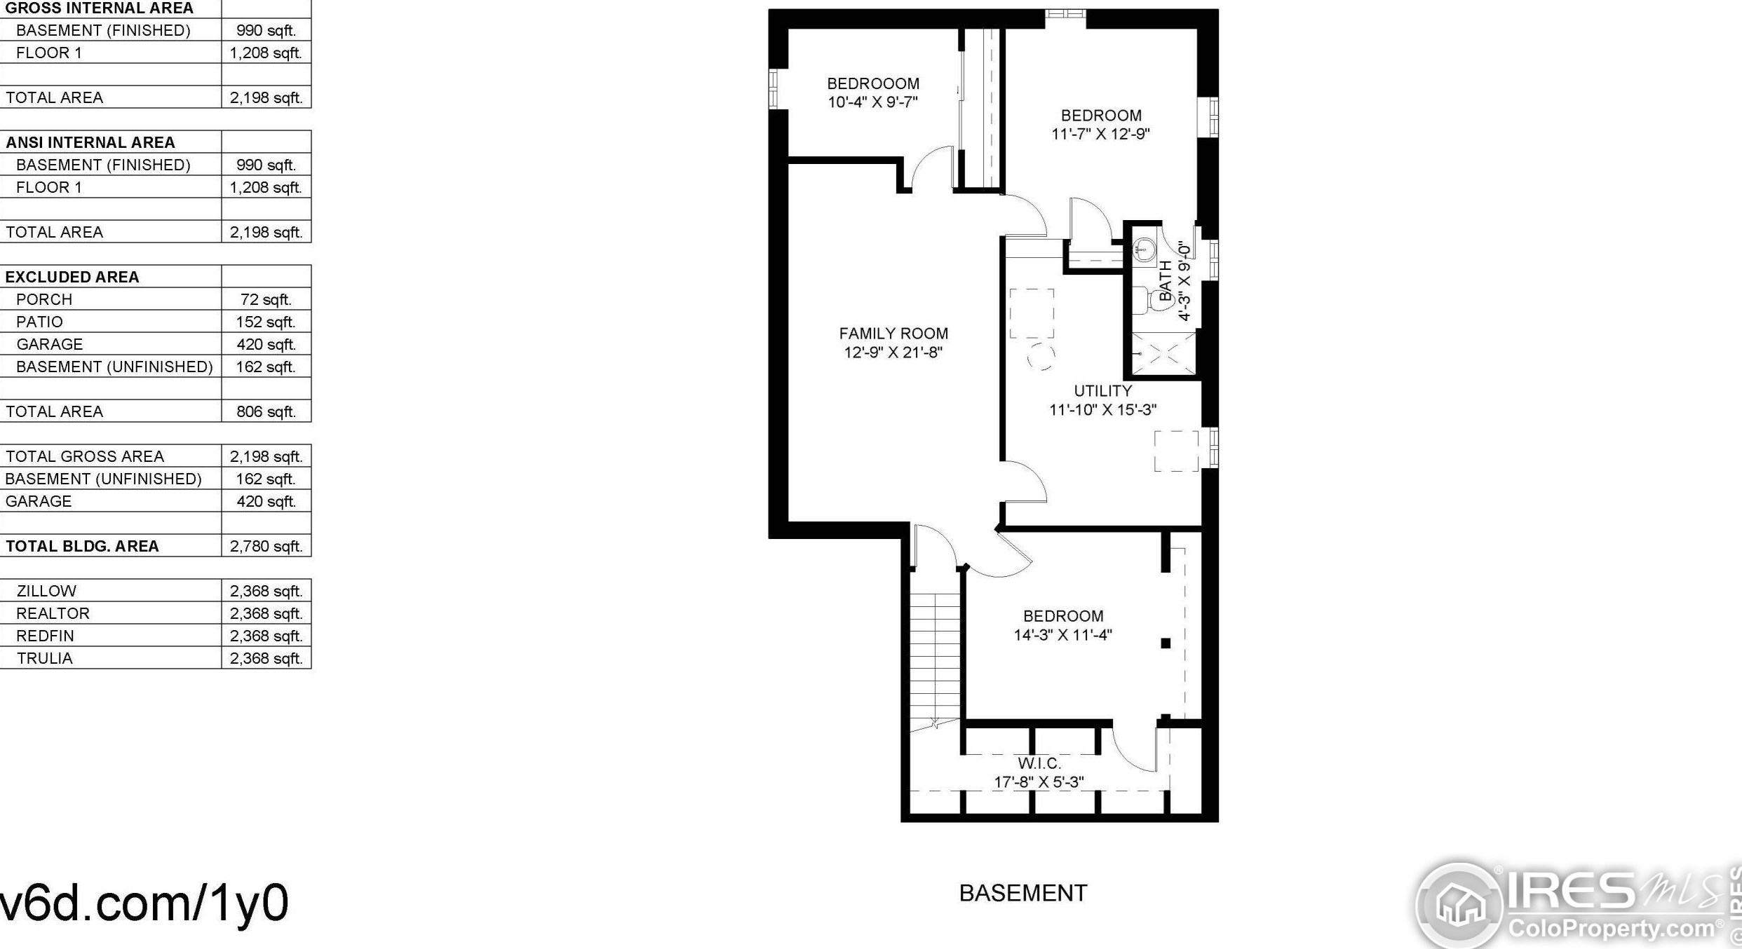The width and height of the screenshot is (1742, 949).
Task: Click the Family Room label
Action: click(893, 334)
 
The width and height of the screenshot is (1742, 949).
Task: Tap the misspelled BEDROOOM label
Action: click(872, 84)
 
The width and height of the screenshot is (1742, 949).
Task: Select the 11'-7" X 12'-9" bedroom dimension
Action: click(1100, 134)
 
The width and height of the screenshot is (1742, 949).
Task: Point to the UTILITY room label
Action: click(1102, 391)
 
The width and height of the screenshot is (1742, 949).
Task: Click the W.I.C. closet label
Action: click(1039, 763)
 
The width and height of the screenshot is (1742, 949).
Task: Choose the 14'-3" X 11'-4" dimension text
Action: click(1062, 635)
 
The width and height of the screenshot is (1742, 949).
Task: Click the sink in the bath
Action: click(1145, 249)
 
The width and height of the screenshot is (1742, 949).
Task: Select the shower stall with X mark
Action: click(1163, 354)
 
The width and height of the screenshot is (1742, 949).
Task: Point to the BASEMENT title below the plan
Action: click(1022, 894)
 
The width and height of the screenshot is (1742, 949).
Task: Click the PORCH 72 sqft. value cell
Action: click(266, 299)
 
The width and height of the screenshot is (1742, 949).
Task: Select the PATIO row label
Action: click(39, 322)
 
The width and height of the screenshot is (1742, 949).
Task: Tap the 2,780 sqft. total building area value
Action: click(266, 546)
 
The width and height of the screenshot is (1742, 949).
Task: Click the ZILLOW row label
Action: click(46, 591)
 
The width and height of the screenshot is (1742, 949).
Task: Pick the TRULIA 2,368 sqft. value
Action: click(266, 658)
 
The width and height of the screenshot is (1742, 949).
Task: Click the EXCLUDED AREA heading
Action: click(72, 277)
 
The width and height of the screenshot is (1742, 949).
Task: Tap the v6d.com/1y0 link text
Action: click(144, 903)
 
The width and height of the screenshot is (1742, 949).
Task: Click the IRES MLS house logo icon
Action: click(1459, 904)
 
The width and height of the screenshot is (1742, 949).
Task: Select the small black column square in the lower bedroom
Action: click(1166, 643)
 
